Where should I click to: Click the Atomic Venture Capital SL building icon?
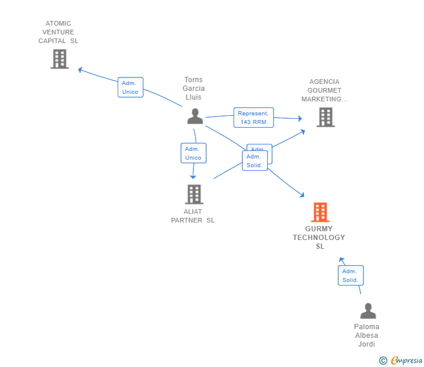tap(59, 59)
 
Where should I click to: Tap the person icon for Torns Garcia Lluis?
tap(195, 116)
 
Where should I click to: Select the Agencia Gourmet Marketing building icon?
tap(325, 117)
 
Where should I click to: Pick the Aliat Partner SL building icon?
tap(193, 194)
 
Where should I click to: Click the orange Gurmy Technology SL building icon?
tap(320, 213)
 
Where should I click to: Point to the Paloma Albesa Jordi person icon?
tap(368, 311)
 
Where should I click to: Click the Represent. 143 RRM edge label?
tap(253, 118)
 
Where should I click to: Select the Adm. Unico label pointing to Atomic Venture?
tap(130, 87)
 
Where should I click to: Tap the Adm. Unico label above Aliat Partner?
tap(193, 153)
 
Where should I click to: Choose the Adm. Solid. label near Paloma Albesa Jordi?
tap(351, 276)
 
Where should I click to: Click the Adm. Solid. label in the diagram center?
tap(255, 161)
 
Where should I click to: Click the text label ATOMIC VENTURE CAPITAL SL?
tap(58, 33)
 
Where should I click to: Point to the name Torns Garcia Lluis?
tap(194, 89)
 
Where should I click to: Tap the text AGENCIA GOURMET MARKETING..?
tap(324, 90)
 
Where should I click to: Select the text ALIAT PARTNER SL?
tap(193, 216)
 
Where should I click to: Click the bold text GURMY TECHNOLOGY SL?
tap(319, 238)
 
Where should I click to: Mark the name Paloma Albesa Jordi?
tap(367, 336)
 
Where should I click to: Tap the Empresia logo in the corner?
tap(407, 361)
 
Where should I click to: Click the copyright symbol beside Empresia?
tap(383, 361)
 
